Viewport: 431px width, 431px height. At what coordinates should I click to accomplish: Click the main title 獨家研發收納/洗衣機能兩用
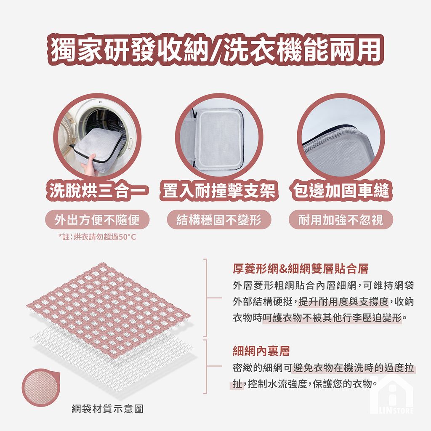(x=215, y=50)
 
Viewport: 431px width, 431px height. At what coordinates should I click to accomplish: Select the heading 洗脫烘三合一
(x=97, y=190)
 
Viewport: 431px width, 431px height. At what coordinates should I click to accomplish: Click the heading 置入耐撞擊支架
(x=219, y=190)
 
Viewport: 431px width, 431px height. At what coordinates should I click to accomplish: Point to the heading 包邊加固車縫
(x=341, y=190)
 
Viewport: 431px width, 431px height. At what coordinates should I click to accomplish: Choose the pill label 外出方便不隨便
(x=97, y=220)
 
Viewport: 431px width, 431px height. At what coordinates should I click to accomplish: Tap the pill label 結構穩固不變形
(x=219, y=220)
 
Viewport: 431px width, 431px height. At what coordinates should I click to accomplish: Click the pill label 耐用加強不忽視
(x=341, y=220)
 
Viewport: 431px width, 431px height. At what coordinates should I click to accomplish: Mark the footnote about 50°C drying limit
(x=97, y=237)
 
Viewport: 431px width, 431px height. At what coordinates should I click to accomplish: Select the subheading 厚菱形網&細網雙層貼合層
(x=301, y=269)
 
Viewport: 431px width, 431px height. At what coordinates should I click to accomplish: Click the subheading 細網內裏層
(x=261, y=351)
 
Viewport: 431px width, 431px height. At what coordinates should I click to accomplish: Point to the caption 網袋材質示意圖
(x=107, y=409)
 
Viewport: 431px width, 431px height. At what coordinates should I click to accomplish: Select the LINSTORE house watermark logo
(x=391, y=394)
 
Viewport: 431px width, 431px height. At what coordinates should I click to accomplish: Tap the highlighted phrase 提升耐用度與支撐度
(x=343, y=301)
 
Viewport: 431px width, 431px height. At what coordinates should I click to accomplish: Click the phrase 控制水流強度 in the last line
(x=277, y=384)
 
